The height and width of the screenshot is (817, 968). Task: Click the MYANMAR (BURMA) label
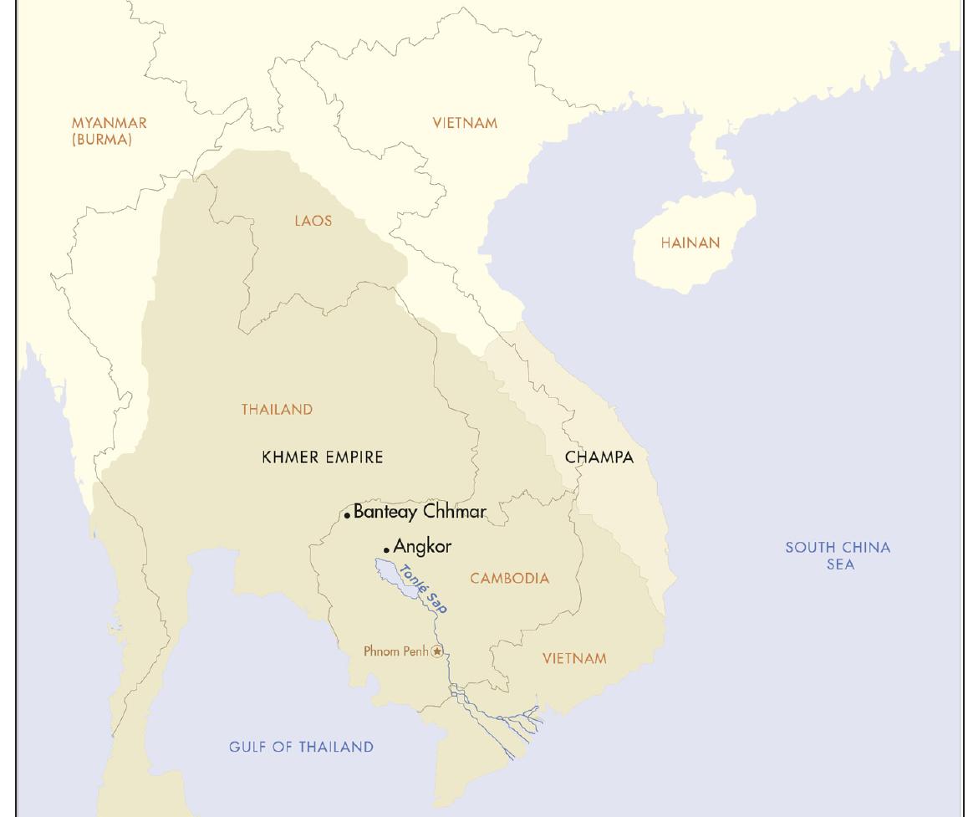pyautogui.click(x=109, y=131)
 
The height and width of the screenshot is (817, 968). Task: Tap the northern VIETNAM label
pyautogui.click(x=465, y=123)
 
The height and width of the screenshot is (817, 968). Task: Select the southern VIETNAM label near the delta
pyautogui.click(x=574, y=658)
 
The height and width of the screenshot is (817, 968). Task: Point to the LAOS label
pyautogui.click(x=313, y=221)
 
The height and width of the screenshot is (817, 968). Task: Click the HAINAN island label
pyautogui.click(x=690, y=243)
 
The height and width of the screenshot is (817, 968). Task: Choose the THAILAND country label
pyautogui.click(x=277, y=409)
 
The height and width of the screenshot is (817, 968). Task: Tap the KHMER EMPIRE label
pyautogui.click(x=323, y=457)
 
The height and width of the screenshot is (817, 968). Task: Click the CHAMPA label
pyautogui.click(x=599, y=457)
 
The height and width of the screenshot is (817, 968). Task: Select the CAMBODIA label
pyautogui.click(x=509, y=578)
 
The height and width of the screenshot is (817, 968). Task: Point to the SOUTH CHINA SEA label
pyautogui.click(x=838, y=555)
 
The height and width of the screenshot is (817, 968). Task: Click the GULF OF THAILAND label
pyautogui.click(x=301, y=747)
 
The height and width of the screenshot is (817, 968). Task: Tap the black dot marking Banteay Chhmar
pyautogui.click(x=347, y=516)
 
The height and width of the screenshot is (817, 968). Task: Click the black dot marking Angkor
pyautogui.click(x=386, y=549)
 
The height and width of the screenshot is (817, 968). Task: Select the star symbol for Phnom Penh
pyautogui.click(x=437, y=651)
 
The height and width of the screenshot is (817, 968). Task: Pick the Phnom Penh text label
pyautogui.click(x=395, y=651)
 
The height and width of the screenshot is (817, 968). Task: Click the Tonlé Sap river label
pyautogui.click(x=424, y=590)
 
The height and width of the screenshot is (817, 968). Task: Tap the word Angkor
pyautogui.click(x=422, y=546)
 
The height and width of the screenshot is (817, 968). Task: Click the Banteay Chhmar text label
pyautogui.click(x=420, y=511)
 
